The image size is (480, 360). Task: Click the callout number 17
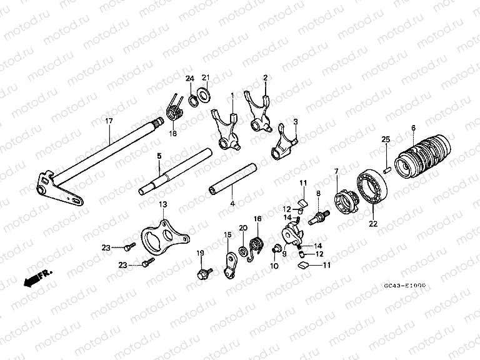tap(109, 120)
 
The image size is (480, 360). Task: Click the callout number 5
tap(159, 155)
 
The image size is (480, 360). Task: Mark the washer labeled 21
tap(203, 95)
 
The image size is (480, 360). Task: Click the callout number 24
tap(190, 78)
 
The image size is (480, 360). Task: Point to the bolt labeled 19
tap(204, 272)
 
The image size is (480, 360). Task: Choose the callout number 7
tap(336, 171)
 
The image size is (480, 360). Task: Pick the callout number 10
tap(274, 266)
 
